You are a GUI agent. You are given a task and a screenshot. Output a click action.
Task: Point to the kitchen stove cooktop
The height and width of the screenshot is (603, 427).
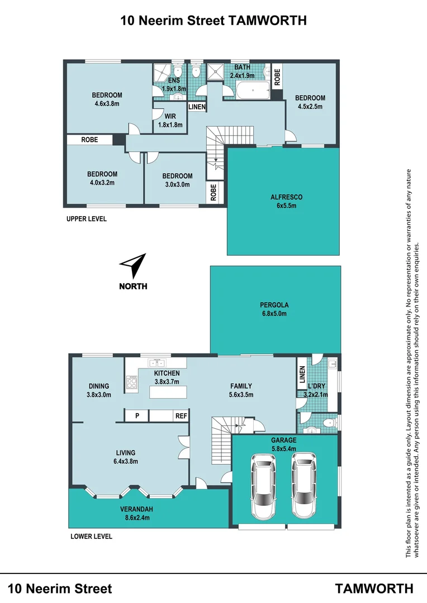[132, 383]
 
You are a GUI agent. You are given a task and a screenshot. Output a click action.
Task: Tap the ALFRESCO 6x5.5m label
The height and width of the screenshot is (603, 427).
[283, 202]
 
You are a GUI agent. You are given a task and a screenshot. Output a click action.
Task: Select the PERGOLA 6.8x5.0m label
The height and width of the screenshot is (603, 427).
[273, 309]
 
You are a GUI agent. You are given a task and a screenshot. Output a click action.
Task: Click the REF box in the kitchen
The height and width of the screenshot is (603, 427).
[181, 416]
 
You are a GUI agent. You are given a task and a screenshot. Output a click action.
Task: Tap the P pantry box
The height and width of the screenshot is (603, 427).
[136, 416]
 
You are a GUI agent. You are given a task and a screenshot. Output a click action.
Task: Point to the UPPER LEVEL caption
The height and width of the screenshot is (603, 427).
[87, 219]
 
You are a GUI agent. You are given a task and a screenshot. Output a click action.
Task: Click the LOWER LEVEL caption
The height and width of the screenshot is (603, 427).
[91, 537]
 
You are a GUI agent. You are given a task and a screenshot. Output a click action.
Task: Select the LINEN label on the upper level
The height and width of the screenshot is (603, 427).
[197, 107]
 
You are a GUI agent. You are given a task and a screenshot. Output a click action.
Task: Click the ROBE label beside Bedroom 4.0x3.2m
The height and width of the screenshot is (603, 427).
[89, 140]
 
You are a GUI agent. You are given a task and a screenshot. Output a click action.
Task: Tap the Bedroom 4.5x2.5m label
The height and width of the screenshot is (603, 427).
[310, 102]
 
